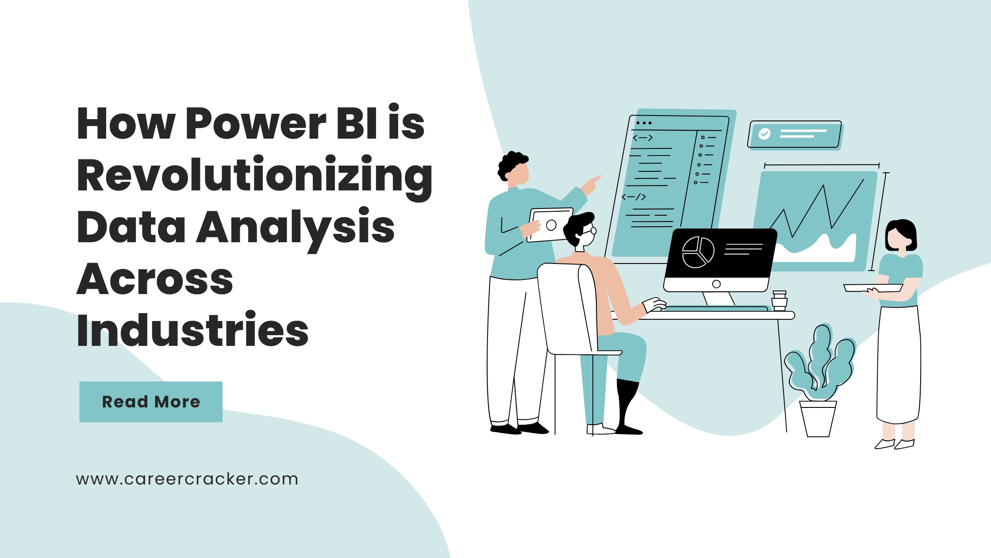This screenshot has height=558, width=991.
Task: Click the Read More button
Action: [151, 402]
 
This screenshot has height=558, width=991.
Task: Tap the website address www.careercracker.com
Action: [187, 479]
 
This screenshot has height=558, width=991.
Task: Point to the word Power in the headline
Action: [256, 124]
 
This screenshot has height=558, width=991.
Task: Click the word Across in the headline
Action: [155, 279]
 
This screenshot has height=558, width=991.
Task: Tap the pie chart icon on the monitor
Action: [698, 252]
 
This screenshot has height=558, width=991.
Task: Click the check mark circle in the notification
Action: [764, 134]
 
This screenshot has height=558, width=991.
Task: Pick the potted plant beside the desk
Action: [819, 381]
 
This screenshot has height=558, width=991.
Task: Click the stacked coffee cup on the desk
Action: [780, 301]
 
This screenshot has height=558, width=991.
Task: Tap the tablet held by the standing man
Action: [550, 225]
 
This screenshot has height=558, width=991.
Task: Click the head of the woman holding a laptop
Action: [901, 236]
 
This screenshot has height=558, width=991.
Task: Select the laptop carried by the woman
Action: [873, 288]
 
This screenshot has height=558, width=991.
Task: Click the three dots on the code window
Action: [644, 123]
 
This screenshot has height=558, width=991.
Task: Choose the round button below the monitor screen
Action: [716, 284]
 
